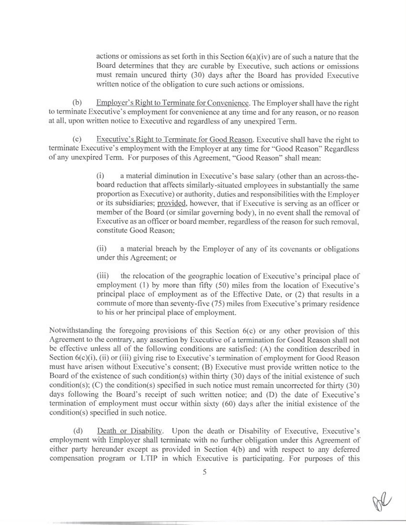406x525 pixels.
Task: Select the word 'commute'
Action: (111, 303)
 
